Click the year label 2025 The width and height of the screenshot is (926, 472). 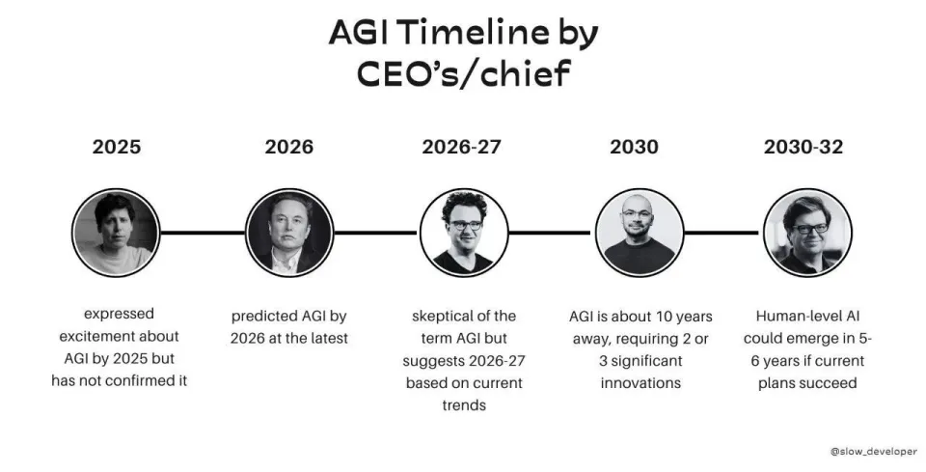tap(117, 147)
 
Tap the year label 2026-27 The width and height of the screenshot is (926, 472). tap(461, 147)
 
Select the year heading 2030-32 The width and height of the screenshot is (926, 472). tap(803, 147)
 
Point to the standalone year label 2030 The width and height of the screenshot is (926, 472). tap(634, 147)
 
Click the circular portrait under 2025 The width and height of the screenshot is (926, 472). tap(116, 233)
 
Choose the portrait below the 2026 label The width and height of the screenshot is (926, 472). tap(289, 233)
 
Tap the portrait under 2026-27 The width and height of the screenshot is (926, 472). tap(464, 233)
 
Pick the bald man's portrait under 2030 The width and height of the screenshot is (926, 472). tap(639, 233)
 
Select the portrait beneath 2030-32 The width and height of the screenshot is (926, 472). tap(807, 233)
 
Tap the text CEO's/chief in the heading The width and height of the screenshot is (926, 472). tap(464, 74)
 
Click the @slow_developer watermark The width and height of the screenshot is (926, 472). tap(874, 452)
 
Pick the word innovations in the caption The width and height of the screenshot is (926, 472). tap(640, 383)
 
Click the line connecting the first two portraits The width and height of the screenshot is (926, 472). tap(203, 233)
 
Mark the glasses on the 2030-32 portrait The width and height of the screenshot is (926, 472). tap(809, 229)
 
